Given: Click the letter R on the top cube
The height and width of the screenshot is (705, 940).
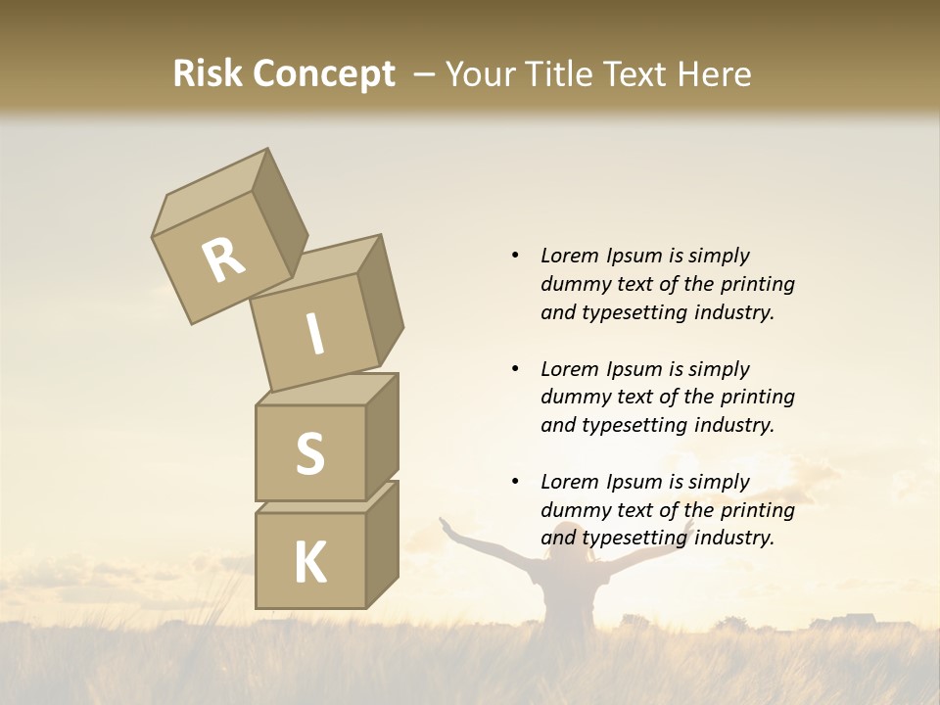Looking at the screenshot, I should click(x=223, y=260).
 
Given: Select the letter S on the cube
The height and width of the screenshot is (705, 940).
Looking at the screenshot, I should click(x=309, y=453).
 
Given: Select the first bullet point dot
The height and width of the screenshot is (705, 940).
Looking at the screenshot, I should click(x=515, y=256).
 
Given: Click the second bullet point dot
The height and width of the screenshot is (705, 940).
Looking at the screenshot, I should click(x=515, y=369).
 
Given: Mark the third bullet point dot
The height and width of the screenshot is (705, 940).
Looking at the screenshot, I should click(x=515, y=482).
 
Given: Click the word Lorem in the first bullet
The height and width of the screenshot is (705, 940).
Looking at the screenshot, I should click(x=568, y=256).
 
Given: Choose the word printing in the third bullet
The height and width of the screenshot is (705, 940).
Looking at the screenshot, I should click(x=757, y=510).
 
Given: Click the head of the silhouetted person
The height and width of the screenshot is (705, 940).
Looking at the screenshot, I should click(x=566, y=537).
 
